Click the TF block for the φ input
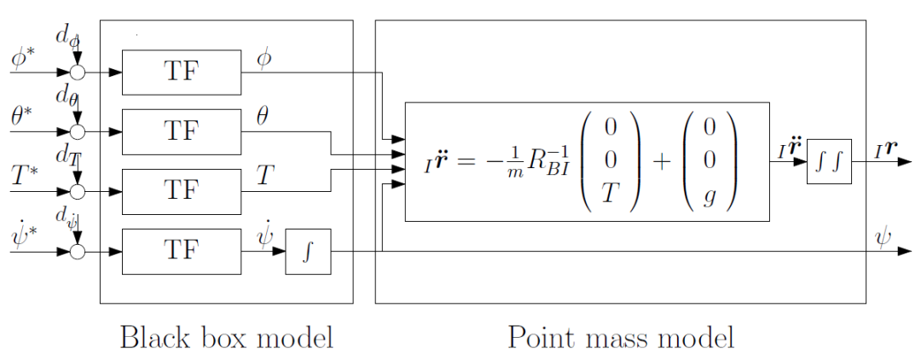tap(181, 72)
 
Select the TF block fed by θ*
tap(181, 131)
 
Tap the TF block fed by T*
tap(181, 191)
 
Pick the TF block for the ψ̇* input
tap(181, 252)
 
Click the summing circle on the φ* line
tap(78, 73)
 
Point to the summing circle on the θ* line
tap(78, 132)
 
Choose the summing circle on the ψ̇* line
tap(78, 252)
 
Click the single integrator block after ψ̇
tap(307, 252)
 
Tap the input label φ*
tap(23, 59)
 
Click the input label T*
tap(23, 177)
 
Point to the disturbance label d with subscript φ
tap(67, 37)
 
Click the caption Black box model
tap(226, 337)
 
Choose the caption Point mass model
tap(621, 337)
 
